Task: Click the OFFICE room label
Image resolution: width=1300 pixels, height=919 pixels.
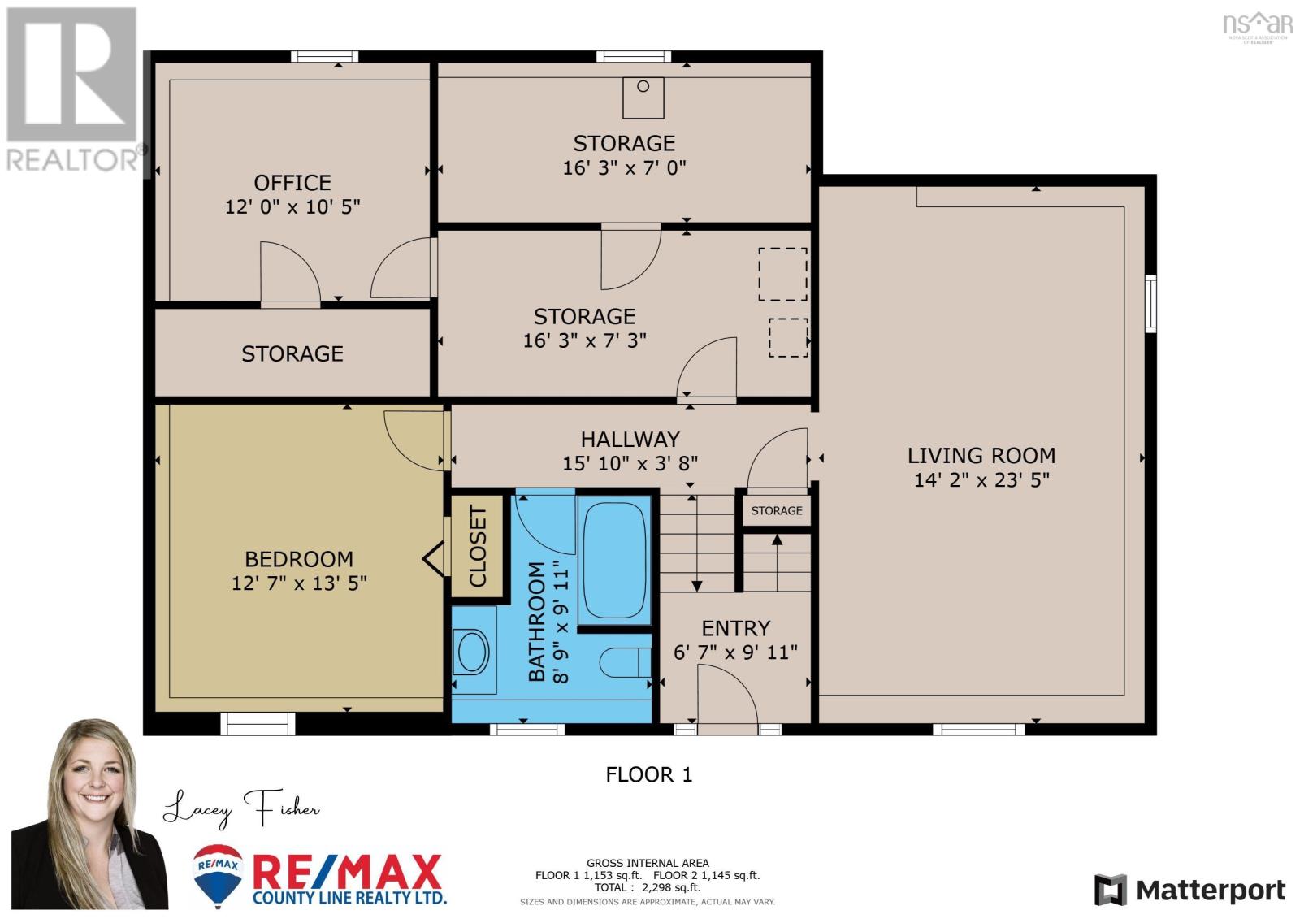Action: coord(292,183)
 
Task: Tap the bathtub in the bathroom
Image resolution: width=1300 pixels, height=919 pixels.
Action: coord(614,560)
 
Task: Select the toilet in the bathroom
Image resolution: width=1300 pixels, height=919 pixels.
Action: coord(625,661)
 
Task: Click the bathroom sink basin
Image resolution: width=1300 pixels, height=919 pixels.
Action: coord(472,652)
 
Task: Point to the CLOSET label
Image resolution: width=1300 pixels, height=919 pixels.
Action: coord(477,546)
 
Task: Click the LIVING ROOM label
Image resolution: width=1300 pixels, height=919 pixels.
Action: coord(981,456)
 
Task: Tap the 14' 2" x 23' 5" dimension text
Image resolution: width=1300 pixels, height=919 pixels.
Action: coord(981,480)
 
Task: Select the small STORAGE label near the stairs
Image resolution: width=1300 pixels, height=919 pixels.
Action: coord(777,511)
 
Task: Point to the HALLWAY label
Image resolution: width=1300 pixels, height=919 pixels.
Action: coord(630,440)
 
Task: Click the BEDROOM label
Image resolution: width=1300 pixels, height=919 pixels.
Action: coord(299,559)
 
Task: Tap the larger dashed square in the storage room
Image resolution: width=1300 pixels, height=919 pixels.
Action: coord(783,275)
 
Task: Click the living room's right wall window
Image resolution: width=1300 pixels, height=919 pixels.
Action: coord(1150,304)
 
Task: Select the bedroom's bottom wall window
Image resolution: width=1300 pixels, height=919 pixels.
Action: coord(258,723)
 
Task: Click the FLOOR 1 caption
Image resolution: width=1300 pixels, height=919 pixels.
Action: coord(649,774)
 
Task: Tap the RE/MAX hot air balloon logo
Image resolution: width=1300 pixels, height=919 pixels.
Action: coord(218,874)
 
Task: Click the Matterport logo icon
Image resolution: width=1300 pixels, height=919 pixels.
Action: coord(1111,890)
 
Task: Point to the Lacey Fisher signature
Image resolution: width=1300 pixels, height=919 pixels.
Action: coord(241,808)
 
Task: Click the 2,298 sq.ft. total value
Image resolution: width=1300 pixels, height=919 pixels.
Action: coord(671,887)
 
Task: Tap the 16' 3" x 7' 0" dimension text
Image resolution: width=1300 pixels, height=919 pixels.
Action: coord(625,168)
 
